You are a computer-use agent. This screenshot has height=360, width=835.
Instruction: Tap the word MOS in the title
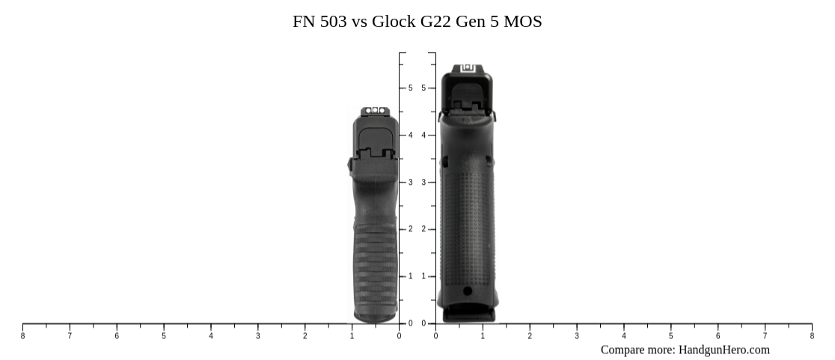coord(523,22)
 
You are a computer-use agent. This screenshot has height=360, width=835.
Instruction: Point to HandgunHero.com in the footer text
coord(724,350)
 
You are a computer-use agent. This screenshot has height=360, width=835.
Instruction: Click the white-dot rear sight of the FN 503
coord(375,111)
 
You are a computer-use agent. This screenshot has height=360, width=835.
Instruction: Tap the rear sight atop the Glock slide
coord(468,67)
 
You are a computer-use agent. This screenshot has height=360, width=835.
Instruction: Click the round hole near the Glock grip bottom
coord(468,290)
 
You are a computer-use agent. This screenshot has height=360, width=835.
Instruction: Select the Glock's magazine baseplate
coord(468,314)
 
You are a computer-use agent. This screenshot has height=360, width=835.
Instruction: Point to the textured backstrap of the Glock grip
coord(468,225)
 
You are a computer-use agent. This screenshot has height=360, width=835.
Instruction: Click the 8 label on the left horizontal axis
coord(22,336)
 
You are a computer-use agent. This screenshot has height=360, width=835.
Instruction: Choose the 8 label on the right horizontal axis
coord(812,336)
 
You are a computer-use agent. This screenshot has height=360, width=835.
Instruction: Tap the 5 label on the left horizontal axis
coord(164,336)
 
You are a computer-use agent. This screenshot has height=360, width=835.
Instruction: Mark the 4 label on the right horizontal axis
coord(623,336)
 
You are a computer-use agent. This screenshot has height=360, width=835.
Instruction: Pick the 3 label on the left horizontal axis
coord(258,336)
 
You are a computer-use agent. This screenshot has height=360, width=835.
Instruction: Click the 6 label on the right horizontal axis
coord(718,336)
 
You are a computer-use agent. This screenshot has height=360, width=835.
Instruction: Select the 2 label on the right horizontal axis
coord(530,336)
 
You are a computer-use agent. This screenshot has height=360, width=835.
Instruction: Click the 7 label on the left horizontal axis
coord(70,336)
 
